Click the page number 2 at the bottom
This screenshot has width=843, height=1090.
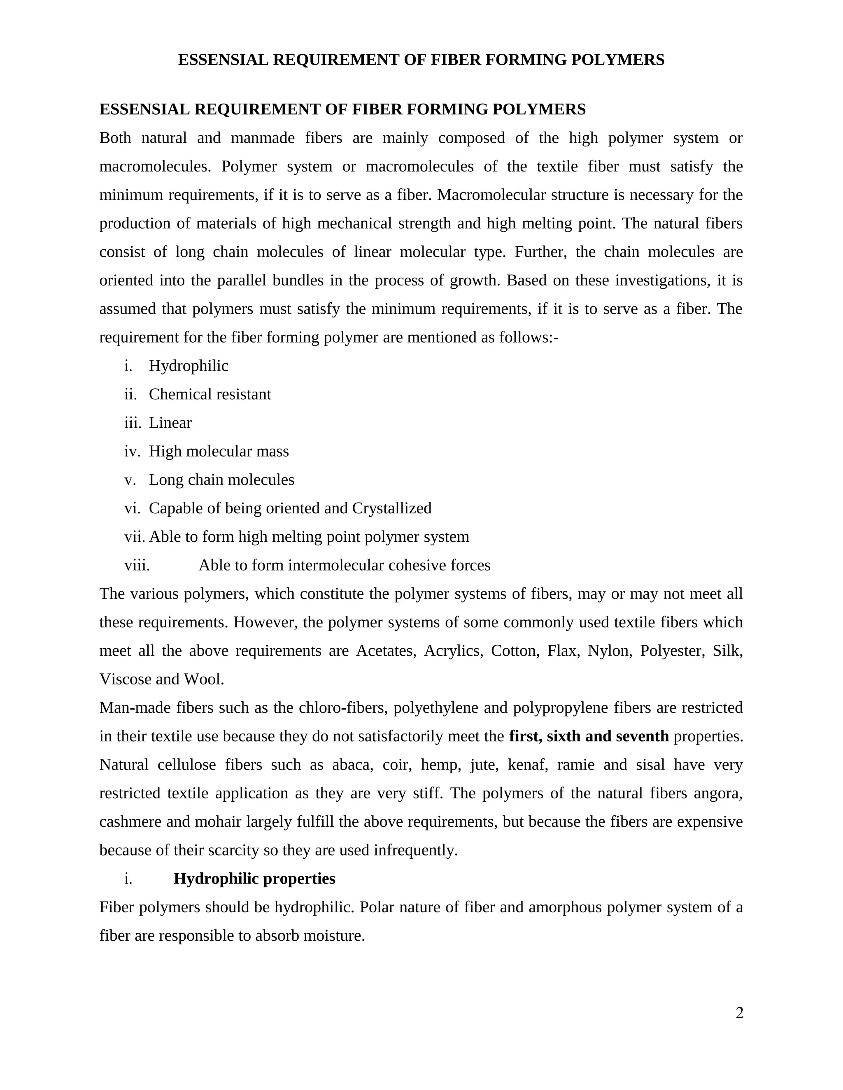tap(739, 1013)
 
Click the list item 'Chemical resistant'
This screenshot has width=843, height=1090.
tap(210, 394)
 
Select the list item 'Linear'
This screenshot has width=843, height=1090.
tap(170, 423)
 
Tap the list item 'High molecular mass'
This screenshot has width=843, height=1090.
tap(219, 451)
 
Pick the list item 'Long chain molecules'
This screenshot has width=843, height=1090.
tap(221, 480)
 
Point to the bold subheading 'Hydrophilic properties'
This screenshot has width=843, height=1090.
tap(254, 879)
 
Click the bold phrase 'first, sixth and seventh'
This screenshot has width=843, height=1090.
tap(588, 736)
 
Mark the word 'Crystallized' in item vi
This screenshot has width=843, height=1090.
tap(391, 508)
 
